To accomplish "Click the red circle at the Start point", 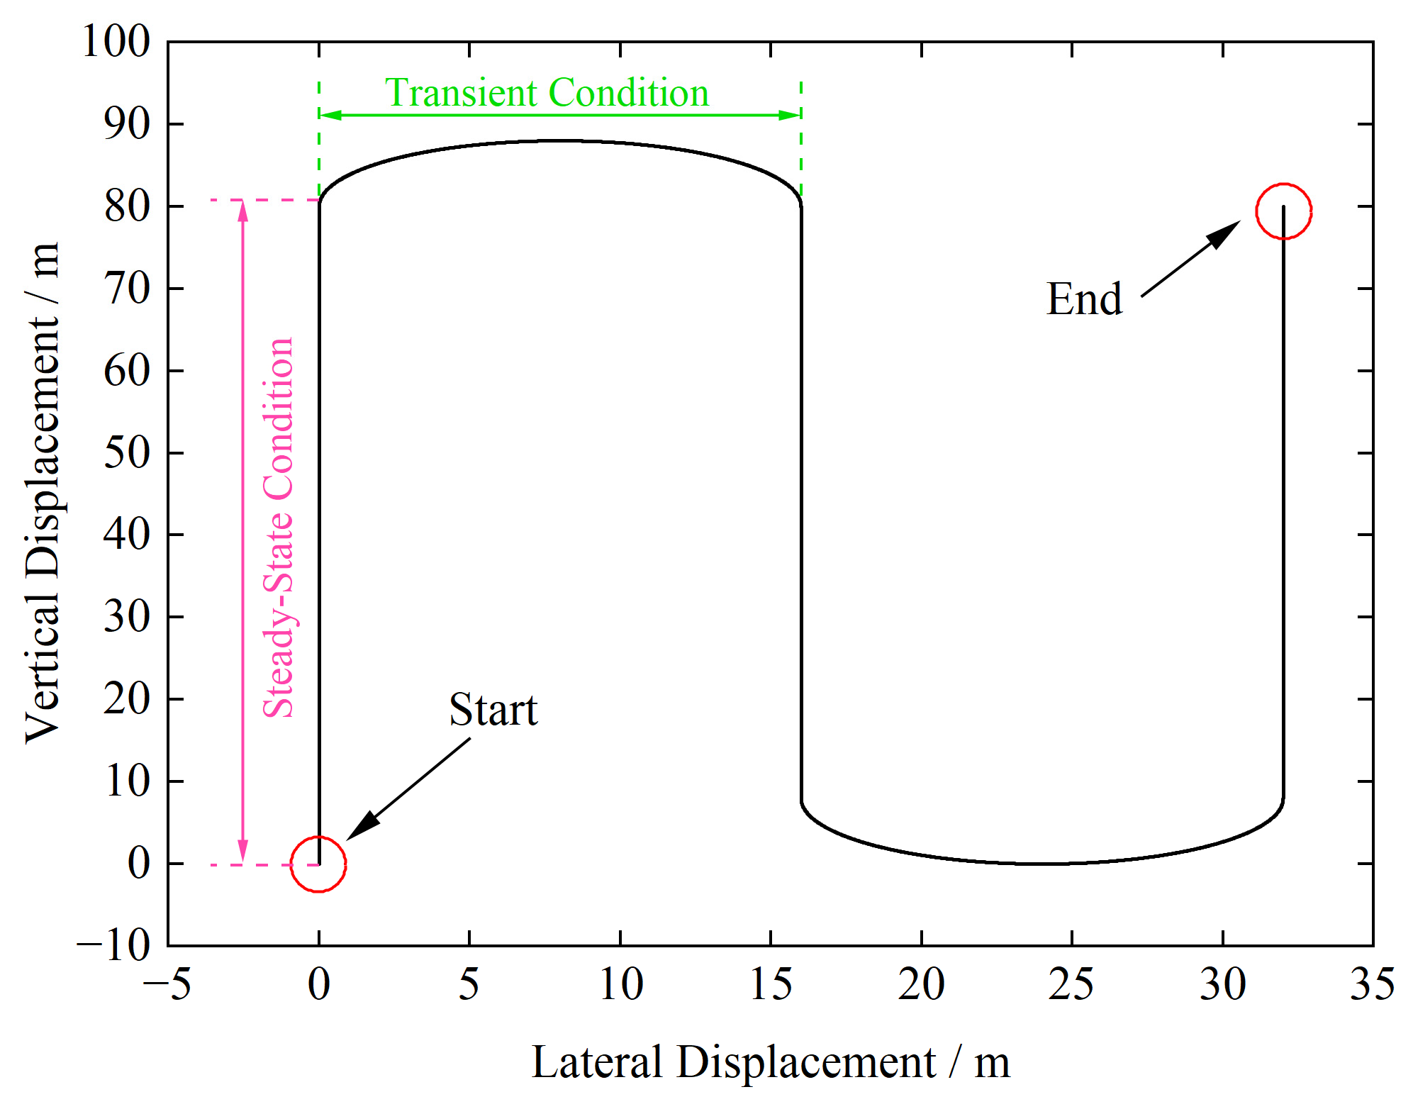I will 318,864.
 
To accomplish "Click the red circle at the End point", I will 1283,211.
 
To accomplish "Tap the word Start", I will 493,710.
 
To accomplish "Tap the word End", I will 1084,299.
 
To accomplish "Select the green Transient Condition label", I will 547,93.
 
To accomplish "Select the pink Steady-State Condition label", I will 279,528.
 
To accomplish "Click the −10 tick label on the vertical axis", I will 113,945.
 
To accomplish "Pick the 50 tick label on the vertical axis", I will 127,452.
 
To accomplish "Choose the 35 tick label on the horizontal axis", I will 1373,984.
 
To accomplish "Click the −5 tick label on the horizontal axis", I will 167,984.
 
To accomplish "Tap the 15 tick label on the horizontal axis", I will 771,984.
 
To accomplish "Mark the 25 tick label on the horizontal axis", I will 1071,984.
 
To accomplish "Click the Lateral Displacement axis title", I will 771,1062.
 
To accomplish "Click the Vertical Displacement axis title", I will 43,494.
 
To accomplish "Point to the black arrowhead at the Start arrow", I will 361,827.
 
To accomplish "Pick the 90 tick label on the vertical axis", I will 127,124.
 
